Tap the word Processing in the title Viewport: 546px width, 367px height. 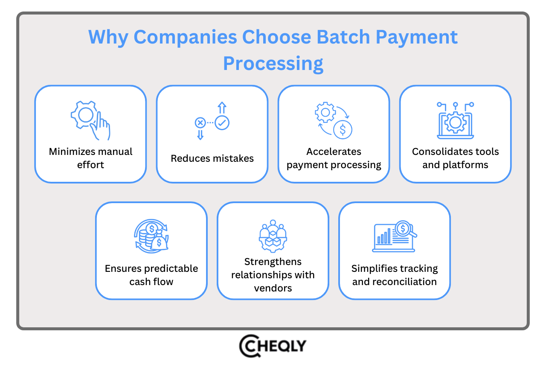click(273, 63)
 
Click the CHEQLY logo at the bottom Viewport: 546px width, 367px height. click(273, 346)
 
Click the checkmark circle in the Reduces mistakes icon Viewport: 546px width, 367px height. click(222, 122)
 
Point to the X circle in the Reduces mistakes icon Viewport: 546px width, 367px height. click(200, 123)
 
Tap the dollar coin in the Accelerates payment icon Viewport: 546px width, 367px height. click(343, 130)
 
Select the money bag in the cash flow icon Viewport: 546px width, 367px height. click(159, 242)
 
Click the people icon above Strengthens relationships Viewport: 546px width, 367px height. click(273, 236)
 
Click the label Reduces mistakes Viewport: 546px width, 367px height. click(212, 158)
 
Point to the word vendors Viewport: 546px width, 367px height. click(273, 288)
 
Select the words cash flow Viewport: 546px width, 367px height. click(151, 282)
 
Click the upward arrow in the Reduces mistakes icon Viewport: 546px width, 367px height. click(222, 107)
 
